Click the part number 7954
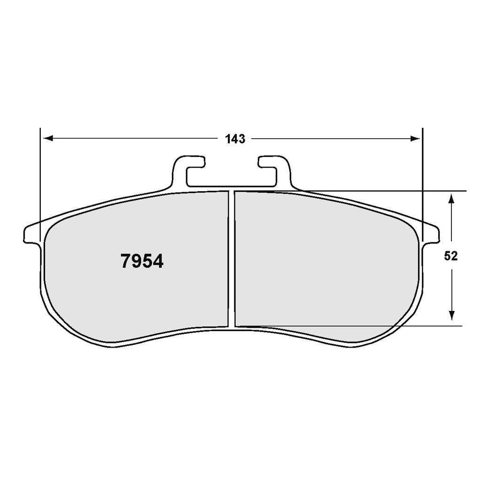(142, 261)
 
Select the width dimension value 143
(235, 139)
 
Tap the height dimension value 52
(451, 256)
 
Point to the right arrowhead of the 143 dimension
(415, 139)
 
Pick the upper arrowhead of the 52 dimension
(451, 198)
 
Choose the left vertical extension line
(41, 178)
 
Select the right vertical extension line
(423, 178)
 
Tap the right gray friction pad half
(324, 263)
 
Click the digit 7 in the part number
(126, 261)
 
